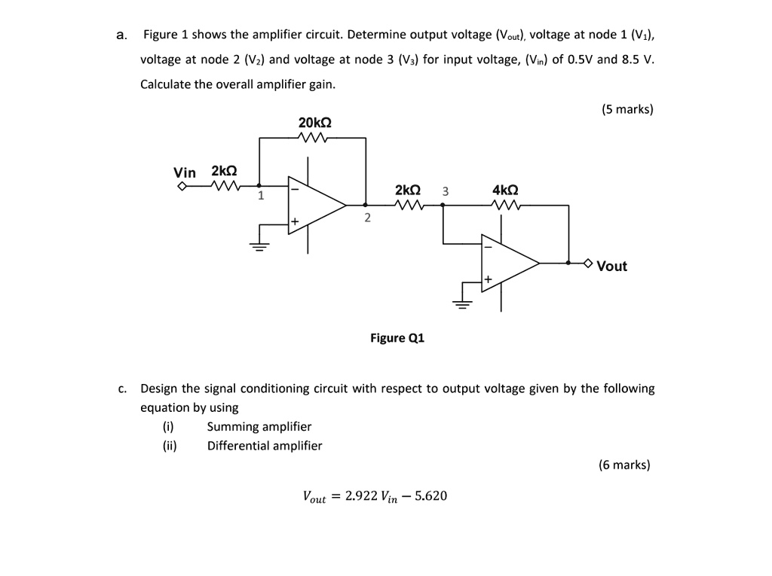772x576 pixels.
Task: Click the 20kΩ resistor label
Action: point(314,123)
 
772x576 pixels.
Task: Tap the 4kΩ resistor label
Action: point(504,190)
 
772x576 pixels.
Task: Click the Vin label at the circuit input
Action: point(185,172)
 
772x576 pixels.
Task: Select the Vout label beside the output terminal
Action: point(611,266)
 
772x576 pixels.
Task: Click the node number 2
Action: point(367,218)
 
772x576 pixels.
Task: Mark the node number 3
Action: point(445,191)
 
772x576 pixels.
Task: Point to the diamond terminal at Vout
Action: point(588,264)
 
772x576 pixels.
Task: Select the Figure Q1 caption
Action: point(397,338)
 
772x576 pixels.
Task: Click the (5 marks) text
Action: point(627,109)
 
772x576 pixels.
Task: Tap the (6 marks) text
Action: point(624,465)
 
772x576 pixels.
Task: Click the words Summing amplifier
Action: point(259,426)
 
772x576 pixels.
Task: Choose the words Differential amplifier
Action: point(264,445)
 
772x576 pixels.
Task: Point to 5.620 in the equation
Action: point(430,495)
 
